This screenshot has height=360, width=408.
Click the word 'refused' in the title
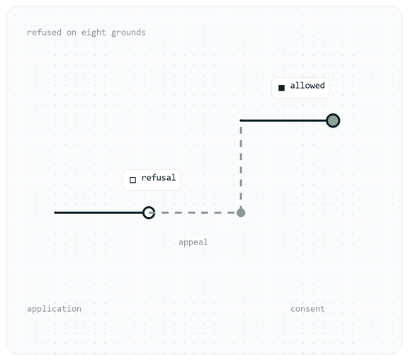(44, 33)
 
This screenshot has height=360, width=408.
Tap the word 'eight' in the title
(93, 33)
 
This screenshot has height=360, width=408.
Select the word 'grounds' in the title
(128, 33)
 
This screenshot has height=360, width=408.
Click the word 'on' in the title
(72, 33)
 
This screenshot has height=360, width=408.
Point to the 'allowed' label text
(307, 85)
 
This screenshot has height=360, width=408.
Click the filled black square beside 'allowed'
(281, 88)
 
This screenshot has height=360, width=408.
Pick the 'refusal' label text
(159, 178)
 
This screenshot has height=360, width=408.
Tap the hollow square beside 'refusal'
(132, 180)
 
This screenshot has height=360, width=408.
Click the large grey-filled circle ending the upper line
(333, 120)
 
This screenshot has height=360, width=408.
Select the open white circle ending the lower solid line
(149, 213)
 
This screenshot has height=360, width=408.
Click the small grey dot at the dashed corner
(241, 213)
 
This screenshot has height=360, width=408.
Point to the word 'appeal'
(193, 242)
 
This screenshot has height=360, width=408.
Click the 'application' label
(54, 309)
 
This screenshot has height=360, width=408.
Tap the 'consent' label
(307, 309)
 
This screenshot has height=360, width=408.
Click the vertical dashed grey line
(241, 167)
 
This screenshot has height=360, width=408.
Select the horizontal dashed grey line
(195, 213)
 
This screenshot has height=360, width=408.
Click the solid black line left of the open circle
(98, 213)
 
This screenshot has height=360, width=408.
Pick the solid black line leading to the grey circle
(283, 120)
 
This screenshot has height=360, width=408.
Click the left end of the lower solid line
(55, 213)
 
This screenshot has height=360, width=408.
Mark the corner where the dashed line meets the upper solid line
(241, 120)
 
